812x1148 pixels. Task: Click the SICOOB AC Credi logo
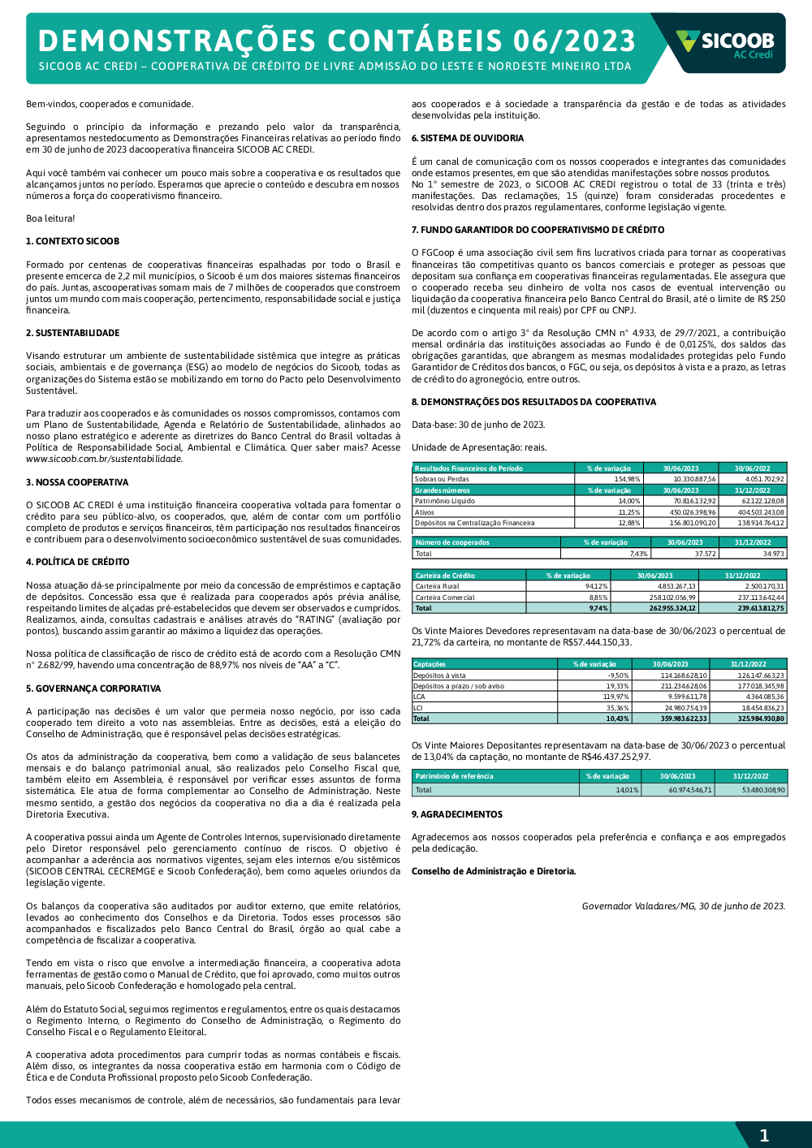[x=725, y=44]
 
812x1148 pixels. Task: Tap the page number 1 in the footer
[x=763, y=1135]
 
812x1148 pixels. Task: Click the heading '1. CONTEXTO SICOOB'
[x=72, y=241]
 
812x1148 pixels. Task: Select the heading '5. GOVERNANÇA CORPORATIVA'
[x=93, y=688]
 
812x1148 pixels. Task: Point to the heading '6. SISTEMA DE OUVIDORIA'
[x=468, y=138]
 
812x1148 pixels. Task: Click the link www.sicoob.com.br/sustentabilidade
[x=104, y=459]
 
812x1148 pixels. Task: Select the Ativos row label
[x=425, y=512]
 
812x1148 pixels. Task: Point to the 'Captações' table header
[x=430, y=664]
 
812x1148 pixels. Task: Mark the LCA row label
[x=419, y=697]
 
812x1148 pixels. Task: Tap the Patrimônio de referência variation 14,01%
[x=627, y=790]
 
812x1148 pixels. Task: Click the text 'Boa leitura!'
[x=50, y=218]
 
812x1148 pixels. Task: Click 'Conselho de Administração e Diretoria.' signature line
[x=494, y=871]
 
